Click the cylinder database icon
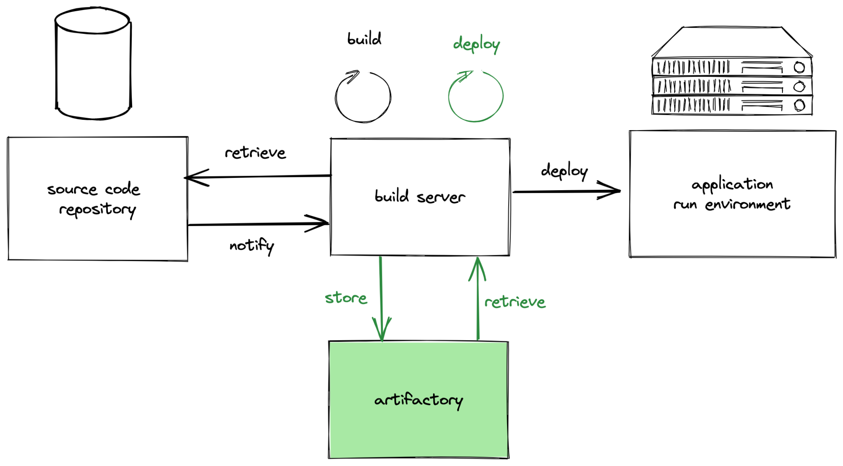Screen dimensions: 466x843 click(x=93, y=64)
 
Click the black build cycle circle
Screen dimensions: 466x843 click(x=363, y=97)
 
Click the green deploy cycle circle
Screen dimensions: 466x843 click(x=475, y=97)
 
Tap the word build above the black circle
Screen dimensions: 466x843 click(x=364, y=39)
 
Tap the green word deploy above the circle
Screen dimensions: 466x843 click(x=476, y=44)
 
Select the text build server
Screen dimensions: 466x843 click(x=419, y=197)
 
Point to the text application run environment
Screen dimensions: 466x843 click(x=732, y=194)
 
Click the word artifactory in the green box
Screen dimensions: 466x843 click(x=418, y=400)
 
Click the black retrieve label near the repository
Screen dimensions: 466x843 click(x=255, y=153)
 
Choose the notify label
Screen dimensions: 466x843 click(x=252, y=246)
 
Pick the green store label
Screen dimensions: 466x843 click(x=346, y=298)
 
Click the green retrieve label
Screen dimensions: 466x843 click(x=515, y=302)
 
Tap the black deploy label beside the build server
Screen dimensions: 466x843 click(x=564, y=171)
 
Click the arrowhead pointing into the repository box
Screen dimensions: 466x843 click(x=193, y=178)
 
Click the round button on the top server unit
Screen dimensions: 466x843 click(x=799, y=67)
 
